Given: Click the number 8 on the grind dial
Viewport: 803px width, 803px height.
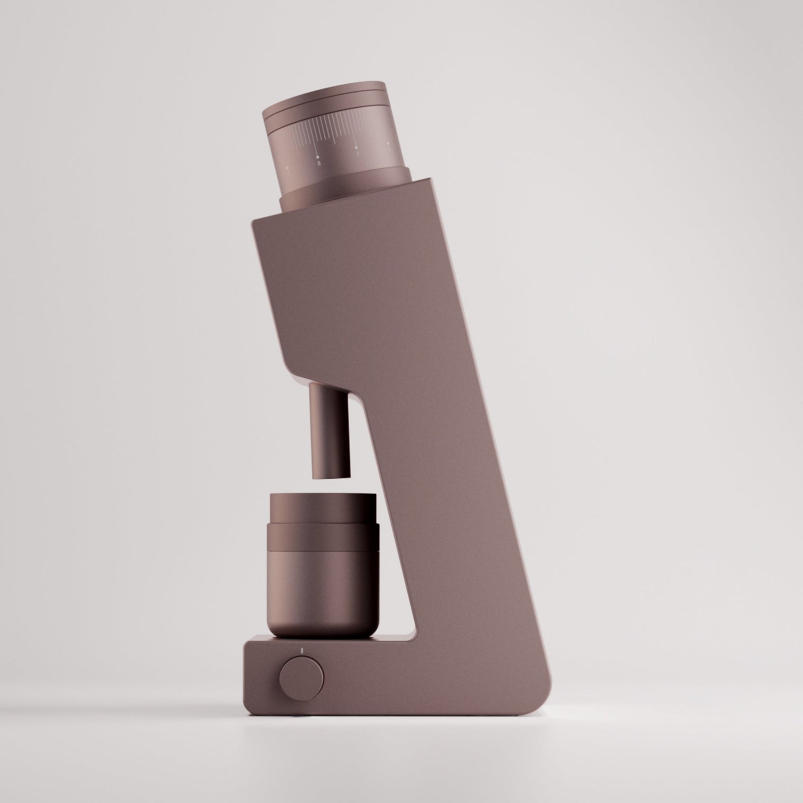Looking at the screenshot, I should tap(319, 163).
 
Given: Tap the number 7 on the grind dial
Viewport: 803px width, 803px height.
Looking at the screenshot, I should tap(358, 154).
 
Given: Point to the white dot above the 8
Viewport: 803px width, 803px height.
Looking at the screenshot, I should tap(318, 156).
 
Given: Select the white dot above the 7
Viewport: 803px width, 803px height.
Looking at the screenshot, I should tap(356, 147).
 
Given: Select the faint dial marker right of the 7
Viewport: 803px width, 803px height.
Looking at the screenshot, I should tap(389, 144).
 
